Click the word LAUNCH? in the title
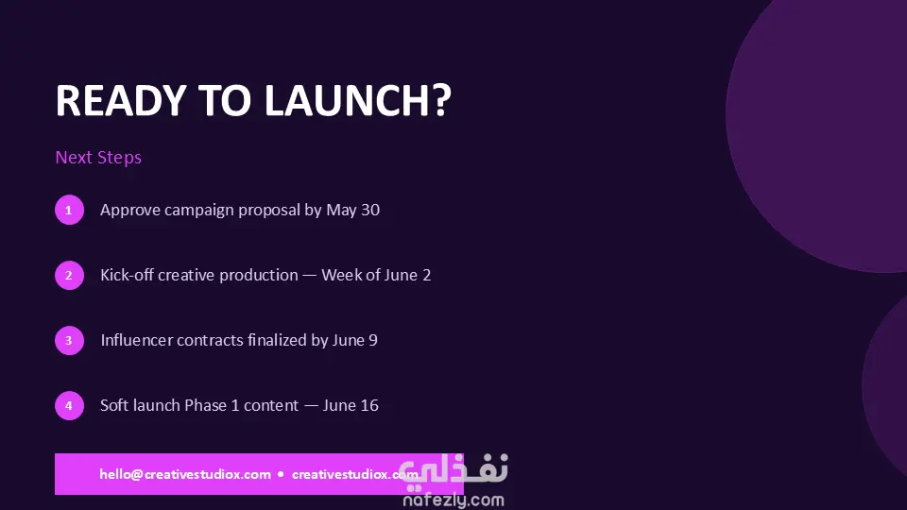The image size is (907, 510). click(x=357, y=101)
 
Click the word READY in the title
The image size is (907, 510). click(x=120, y=101)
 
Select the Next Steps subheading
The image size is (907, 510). click(x=98, y=158)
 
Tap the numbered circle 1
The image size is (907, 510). click(x=69, y=210)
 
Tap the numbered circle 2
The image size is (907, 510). click(x=69, y=275)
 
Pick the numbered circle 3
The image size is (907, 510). click(x=69, y=340)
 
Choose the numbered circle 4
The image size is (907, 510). click(x=69, y=405)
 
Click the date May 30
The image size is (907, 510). click(x=352, y=210)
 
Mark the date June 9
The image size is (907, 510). click(x=354, y=340)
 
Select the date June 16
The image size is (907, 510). click(x=351, y=405)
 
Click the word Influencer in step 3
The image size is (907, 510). click(x=136, y=340)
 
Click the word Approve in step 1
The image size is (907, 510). click(x=130, y=211)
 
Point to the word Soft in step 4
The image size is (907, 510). click(x=114, y=405)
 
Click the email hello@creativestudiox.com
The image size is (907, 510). click(x=185, y=474)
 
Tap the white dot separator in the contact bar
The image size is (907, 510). click(x=282, y=474)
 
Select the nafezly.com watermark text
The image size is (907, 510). click(x=453, y=500)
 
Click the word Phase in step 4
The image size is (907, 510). click(x=205, y=405)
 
